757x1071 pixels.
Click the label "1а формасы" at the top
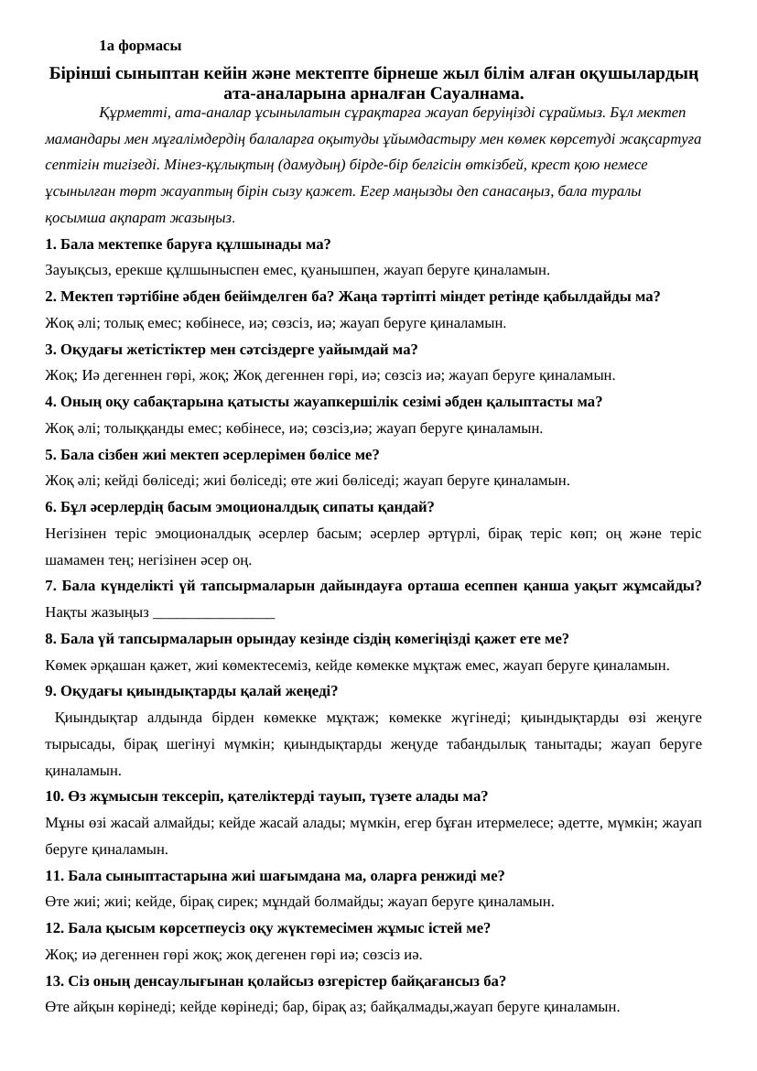point(140,46)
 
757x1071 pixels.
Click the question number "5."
point(51,454)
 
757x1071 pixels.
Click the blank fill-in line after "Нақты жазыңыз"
point(214,612)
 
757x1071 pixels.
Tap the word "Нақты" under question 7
point(65,612)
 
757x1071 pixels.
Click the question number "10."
point(55,796)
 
